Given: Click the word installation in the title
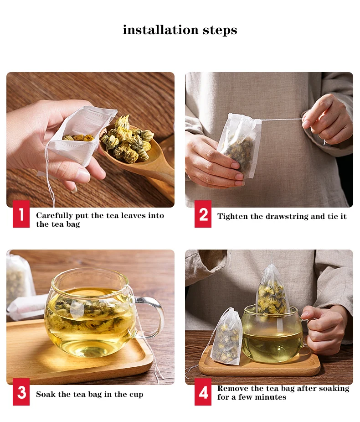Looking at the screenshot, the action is tap(161, 30).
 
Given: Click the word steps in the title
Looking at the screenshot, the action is tap(220, 30).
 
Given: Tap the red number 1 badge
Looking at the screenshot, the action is tap(21, 214).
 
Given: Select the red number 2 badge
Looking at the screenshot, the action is tap(203, 214).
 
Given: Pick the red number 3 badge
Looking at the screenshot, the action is tap(21, 392).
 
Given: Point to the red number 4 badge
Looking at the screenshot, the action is tap(203, 392).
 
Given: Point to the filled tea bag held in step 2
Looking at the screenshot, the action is tap(238, 146).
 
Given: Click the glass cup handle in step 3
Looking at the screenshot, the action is tap(151, 316).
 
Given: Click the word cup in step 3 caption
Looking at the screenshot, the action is tap(136, 395).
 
